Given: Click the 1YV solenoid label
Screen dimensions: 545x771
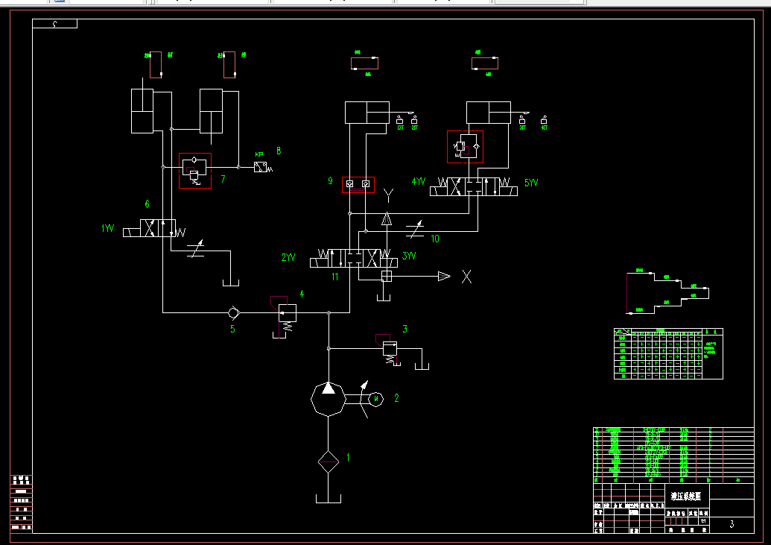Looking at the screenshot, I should (x=108, y=229).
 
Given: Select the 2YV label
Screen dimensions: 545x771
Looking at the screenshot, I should (x=288, y=257).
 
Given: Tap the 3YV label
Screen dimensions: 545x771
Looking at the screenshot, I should (x=409, y=256).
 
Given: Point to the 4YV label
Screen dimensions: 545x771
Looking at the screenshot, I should (x=419, y=181).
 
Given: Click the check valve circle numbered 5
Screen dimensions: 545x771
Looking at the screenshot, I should (x=233, y=312).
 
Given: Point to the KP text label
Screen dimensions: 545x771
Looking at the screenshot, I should (x=259, y=155).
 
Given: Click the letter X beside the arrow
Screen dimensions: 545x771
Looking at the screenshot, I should (x=467, y=277).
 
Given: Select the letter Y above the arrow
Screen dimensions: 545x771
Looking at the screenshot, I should (x=388, y=196).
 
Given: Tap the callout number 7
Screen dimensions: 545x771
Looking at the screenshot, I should (x=222, y=180).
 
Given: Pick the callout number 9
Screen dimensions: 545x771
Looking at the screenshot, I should (x=330, y=180).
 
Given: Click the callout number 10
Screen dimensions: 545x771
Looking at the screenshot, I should (x=435, y=239).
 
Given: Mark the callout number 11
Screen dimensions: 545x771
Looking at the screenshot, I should (x=335, y=277).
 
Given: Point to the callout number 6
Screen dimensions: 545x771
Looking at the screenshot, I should (x=147, y=204).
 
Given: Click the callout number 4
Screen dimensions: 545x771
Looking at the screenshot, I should (x=302, y=294).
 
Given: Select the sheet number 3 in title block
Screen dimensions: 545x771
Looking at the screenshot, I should (x=732, y=524).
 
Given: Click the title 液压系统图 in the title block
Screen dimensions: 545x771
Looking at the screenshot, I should (x=686, y=495).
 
